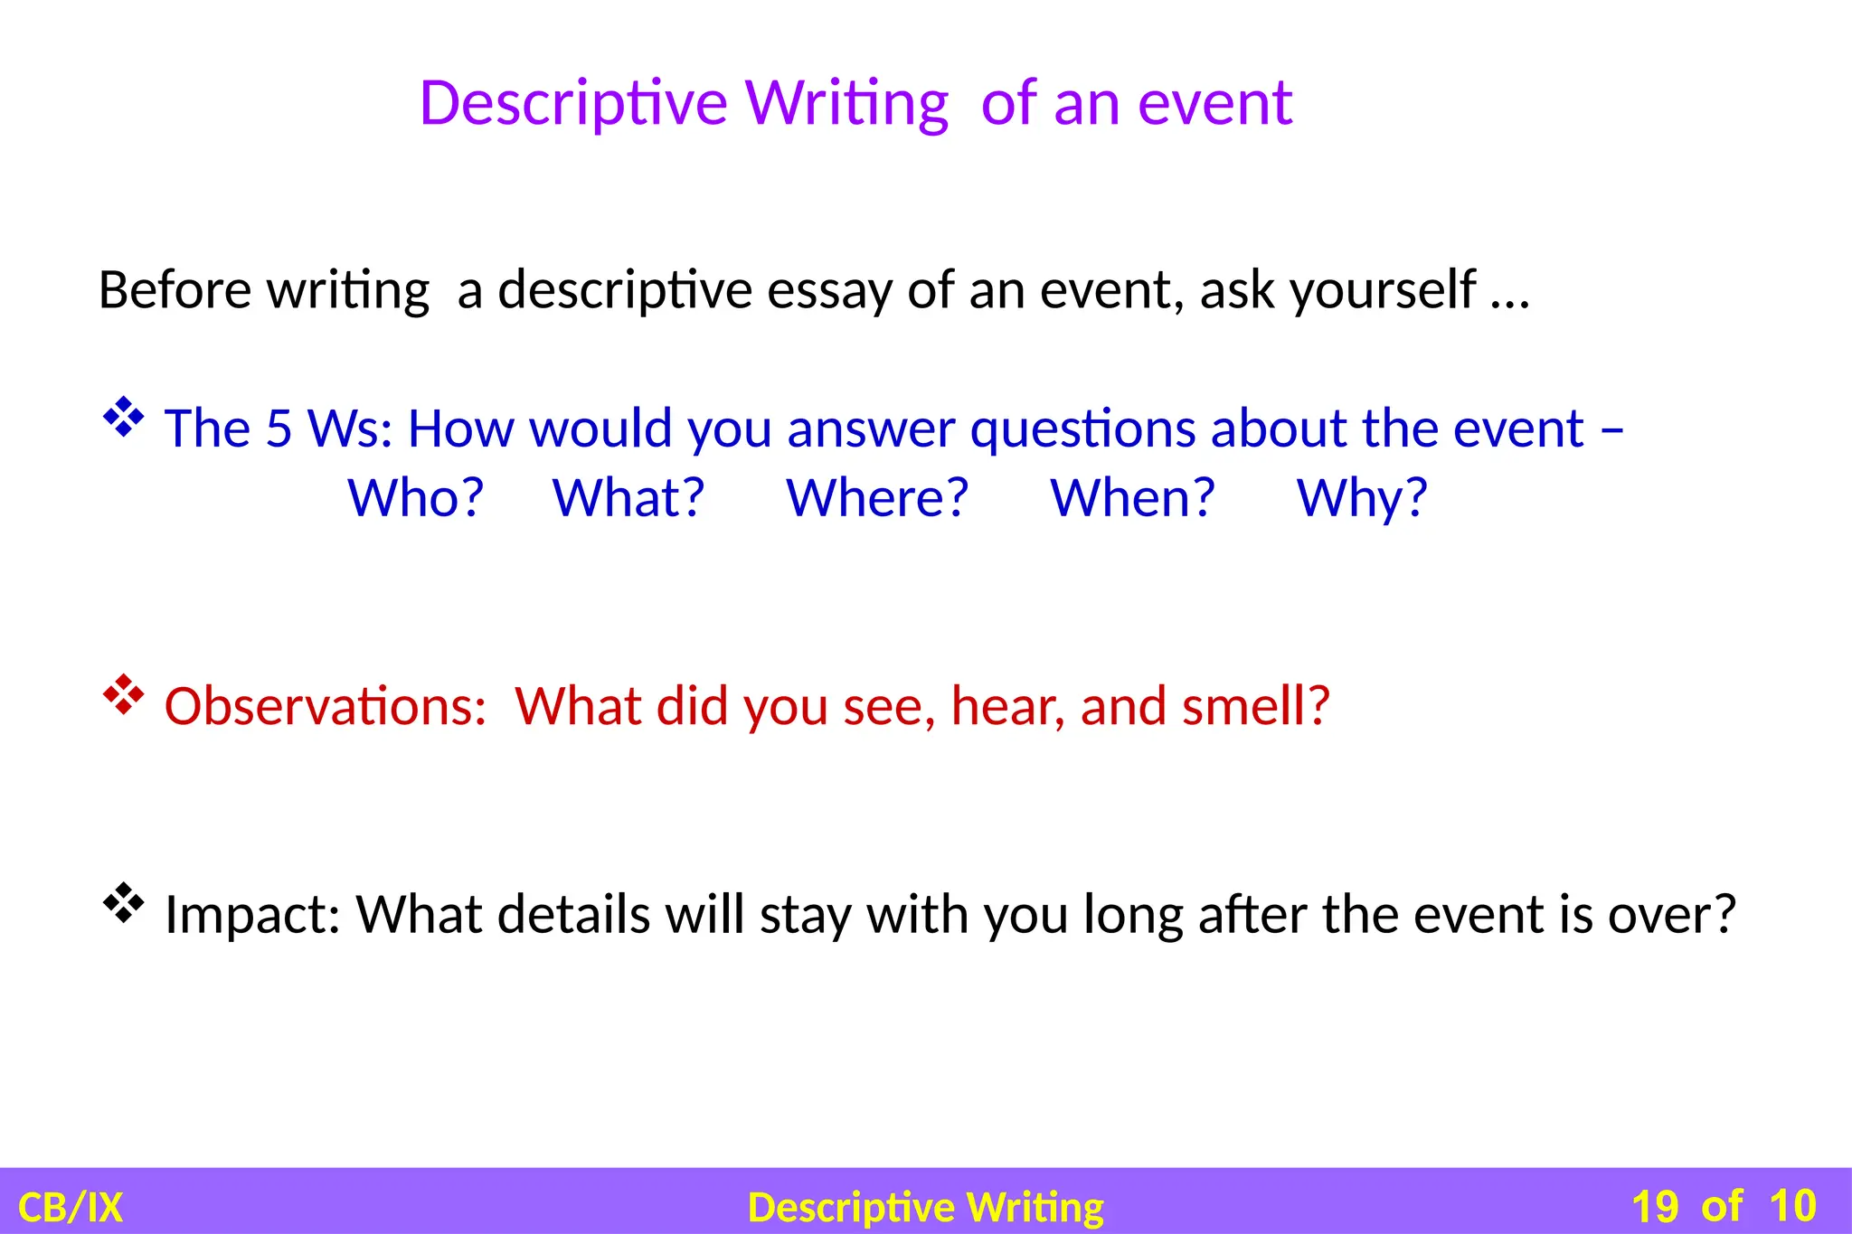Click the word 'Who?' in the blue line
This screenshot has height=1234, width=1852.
coord(416,498)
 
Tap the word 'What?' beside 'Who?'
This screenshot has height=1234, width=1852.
coord(628,498)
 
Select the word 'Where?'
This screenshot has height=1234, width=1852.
coord(877,498)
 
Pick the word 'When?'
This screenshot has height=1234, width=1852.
coord(1132,498)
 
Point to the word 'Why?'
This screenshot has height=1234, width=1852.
coord(1362,498)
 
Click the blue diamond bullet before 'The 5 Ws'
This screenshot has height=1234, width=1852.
coord(124,418)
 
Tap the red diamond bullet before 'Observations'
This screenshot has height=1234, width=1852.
coord(124,695)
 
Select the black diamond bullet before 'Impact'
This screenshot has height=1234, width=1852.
coord(124,903)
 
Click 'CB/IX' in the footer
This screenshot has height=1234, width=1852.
coord(71,1208)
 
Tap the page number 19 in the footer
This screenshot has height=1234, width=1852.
coord(1654,1207)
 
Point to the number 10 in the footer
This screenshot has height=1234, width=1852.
coord(1792,1207)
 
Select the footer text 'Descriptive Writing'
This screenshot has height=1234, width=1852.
coord(926,1208)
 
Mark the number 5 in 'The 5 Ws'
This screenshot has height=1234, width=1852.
coord(279,429)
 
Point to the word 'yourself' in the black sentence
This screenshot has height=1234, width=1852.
coord(1384,291)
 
